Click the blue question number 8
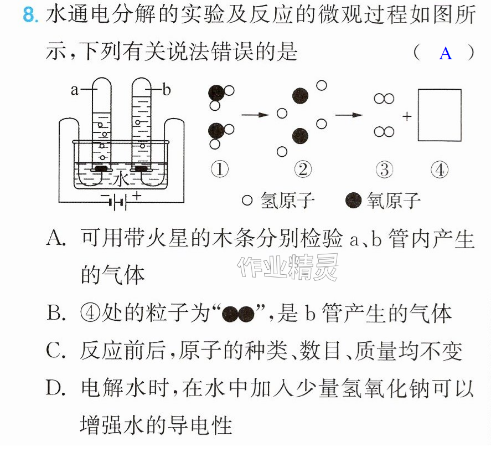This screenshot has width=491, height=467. (30, 15)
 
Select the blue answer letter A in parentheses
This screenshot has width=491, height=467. (445, 53)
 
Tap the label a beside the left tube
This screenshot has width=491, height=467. (74, 90)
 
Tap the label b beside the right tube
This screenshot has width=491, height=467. (166, 90)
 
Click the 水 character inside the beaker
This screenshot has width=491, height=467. (121, 179)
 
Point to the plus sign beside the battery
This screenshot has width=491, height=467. (137, 196)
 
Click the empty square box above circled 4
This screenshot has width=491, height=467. (440, 115)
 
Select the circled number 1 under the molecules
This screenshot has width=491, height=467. (220, 170)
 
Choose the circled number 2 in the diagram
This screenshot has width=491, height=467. (303, 170)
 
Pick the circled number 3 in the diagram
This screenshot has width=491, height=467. (384, 170)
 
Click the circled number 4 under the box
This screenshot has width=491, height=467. (440, 170)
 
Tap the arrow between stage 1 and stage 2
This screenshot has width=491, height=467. (255, 115)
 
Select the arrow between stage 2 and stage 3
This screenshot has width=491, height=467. (349, 115)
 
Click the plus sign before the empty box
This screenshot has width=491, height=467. (407, 116)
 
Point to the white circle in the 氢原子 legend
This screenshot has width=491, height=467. (247, 201)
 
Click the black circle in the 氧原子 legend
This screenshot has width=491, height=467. (354, 201)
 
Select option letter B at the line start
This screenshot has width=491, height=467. (56, 312)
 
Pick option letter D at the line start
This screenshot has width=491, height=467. (56, 387)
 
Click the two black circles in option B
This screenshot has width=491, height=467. (238, 314)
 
